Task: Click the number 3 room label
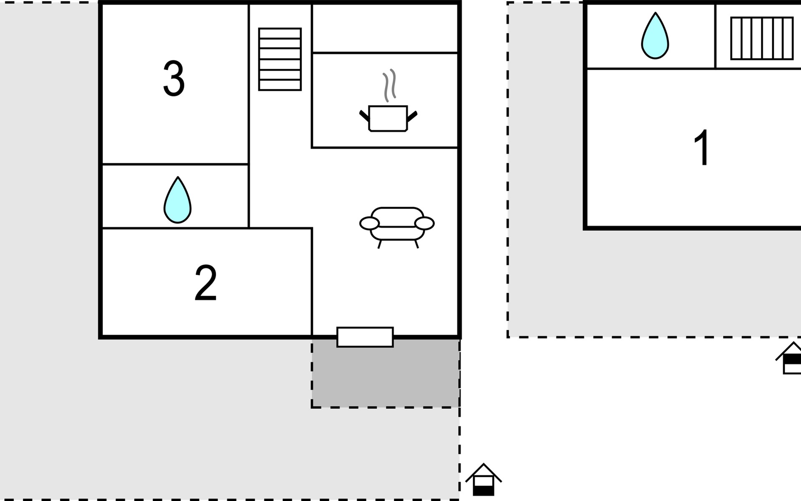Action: (x=174, y=78)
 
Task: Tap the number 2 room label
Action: (x=206, y=283)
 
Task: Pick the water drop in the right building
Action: (x=655, y=35)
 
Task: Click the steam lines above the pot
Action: (x=390, y=85)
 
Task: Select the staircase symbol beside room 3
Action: (x=280, y=59)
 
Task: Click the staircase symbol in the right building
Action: (x=762, y=38)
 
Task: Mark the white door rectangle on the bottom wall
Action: (x=365, y=337)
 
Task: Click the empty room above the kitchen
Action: (x=385, y=28)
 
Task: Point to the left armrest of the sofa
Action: (x=370, y=223)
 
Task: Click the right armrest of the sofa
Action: (x=425, y=223)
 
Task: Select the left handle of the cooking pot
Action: (x=364, y=116)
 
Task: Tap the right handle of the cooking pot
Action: (x=412, y=116)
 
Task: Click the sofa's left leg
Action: (x=380, y=244)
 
